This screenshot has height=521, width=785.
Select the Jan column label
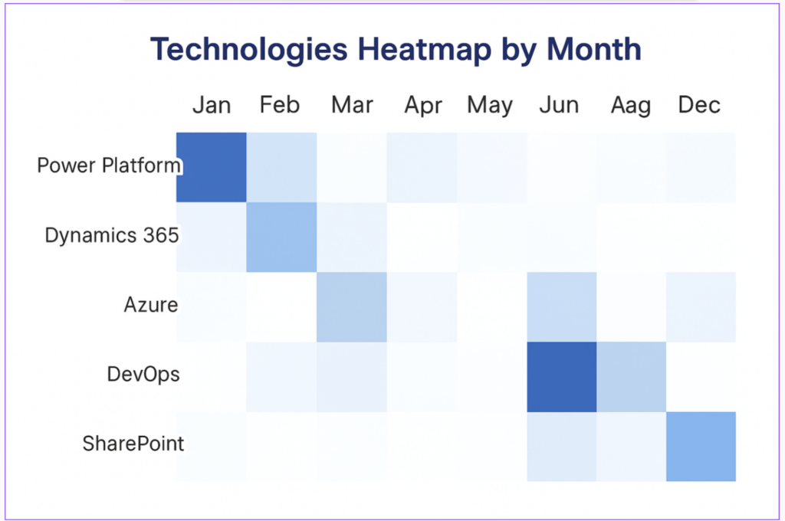pos(212,105)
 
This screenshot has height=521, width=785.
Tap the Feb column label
pos(279,105)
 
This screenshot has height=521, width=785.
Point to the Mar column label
pos(352,105)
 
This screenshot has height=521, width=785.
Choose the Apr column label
pos(423,106)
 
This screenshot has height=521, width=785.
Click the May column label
pos(490,106)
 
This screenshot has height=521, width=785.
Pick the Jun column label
pos(559,105)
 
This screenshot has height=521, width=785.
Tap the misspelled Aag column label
pos(631,106)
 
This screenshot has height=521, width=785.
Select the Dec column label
pos(699,105)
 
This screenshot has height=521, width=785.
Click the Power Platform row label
pos(109,165)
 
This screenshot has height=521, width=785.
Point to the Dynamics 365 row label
pos(112,235)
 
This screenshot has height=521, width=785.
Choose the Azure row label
pos(151,304)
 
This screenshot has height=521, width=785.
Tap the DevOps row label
pos(143,375)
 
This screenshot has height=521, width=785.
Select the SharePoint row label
pos(133,444)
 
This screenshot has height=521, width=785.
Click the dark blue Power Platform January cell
pos(212,167)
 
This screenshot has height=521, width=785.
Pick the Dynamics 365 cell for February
pos(281,238)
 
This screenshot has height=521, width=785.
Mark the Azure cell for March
pos(351,306)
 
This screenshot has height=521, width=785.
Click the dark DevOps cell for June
pos(562,377)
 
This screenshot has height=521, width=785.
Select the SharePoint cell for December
pos(701,447)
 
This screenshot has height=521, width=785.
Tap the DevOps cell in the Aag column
pos(632,377)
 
